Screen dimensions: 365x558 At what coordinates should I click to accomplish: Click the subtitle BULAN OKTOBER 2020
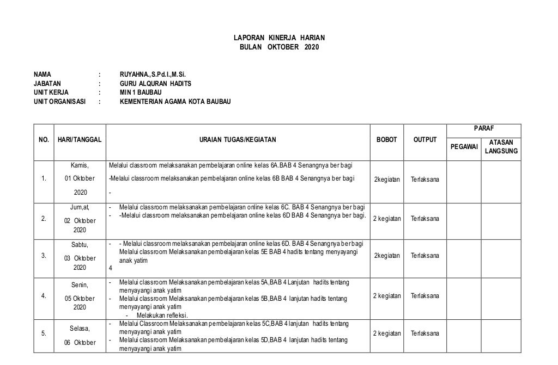(278, 47)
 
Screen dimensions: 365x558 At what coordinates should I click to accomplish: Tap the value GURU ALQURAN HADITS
(155, 84)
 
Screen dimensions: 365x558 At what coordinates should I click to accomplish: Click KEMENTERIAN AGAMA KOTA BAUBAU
(175, 101)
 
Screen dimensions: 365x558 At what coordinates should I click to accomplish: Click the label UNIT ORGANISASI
(60, 101)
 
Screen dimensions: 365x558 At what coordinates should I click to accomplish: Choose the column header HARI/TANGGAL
(79, 140)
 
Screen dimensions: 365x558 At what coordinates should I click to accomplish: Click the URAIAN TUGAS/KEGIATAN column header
(237, 140)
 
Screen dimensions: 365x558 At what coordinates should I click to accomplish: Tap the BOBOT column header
(386, 140)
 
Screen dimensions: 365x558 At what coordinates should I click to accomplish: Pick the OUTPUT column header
(425, 140)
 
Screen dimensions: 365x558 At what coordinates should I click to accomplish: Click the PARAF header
(483, 128)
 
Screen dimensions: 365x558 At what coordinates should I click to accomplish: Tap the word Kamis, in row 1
(80, 165)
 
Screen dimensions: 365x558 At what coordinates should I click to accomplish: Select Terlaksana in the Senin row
(425, 296)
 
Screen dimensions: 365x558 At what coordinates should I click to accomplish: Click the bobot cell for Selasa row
(386, 333)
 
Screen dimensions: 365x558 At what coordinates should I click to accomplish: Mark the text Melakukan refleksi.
(162, 315)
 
